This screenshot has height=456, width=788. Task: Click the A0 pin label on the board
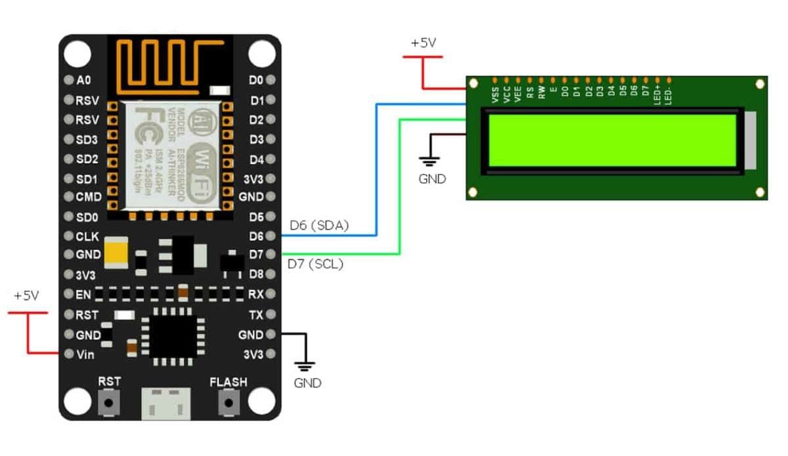point(83,81)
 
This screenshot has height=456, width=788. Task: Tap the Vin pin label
point(85,355)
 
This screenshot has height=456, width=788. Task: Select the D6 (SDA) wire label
point(318,225)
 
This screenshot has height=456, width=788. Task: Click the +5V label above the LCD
point(424,43)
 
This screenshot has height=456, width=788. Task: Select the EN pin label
point(84,295)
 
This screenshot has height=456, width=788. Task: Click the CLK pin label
point(87,237)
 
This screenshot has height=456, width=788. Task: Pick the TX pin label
point(255,315)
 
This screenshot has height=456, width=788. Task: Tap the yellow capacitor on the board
point(116,253)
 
